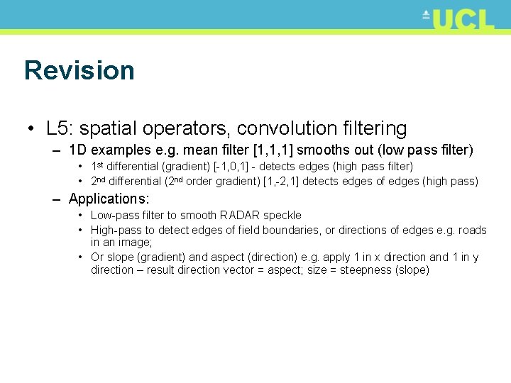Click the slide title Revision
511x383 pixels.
(x=79, y=70)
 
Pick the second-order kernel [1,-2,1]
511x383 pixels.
(x=281, y=182)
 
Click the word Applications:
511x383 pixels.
(x=109, y=199)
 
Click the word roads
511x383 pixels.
(x=472, y=230)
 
